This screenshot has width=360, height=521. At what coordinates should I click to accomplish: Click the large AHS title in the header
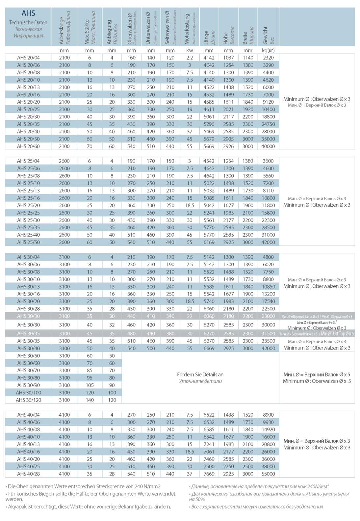point(28,13)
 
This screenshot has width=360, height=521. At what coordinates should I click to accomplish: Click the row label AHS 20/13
point(28,87)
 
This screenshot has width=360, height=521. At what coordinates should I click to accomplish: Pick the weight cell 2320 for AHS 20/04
point(268,58)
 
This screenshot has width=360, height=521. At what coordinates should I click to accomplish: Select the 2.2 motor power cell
point(190,58)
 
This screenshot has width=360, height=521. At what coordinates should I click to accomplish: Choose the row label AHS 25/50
point(28,242)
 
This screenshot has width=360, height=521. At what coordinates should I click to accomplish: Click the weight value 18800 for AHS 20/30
point(268,117)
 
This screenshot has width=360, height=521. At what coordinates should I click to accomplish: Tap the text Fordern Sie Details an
point(200,374)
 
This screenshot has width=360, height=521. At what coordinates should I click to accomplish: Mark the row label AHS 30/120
point(28,400)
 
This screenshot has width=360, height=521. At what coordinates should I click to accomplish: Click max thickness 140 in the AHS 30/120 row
point(90,400)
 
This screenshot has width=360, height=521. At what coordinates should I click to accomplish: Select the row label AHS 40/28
point(28,474)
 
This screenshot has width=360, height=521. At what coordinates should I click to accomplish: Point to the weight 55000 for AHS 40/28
point(268,474)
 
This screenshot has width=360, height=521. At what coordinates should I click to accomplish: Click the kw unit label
point(190,50)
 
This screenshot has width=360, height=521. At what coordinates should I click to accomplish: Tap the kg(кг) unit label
point(268,50)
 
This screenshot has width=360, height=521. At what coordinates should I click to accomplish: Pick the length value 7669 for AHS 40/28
point(209,474)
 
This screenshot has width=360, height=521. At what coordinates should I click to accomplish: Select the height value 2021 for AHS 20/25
point(228,109)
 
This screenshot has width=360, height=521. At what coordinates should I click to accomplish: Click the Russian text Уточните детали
point(200,381)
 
